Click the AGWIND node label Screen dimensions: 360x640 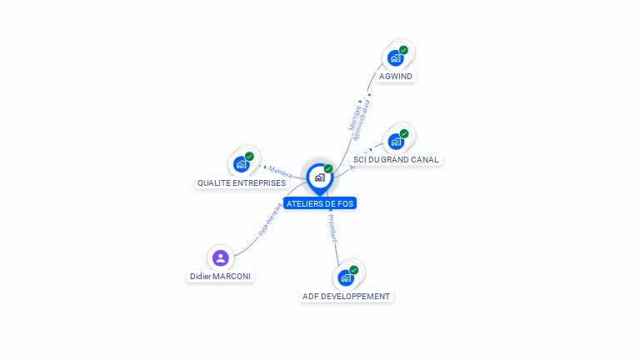pos(395,77)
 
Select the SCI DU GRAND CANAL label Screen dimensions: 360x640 pos(396,160)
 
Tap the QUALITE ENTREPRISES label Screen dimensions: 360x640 pos(242,183)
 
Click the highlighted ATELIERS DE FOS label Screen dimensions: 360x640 pos(320,203)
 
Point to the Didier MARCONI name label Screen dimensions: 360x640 pos(220,277)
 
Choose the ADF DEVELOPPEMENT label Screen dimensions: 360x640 pos(346,297)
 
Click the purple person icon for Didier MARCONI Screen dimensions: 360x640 pos(220,257)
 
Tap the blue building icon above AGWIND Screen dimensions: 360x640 pos(396,58)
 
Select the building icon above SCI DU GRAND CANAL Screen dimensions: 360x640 pos(396,142)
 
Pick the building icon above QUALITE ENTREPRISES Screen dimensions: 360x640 pos(242,164)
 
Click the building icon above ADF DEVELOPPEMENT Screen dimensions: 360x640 pos(346,277)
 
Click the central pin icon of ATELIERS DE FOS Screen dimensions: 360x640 pos(319,177)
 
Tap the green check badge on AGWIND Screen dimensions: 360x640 pos(403,51)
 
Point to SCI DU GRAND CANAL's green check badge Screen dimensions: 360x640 pos(404,134)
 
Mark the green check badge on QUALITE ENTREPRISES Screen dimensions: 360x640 pos(249,157)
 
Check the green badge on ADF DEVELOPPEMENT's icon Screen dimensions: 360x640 pos(353,270)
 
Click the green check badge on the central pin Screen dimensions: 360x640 pos(328,169)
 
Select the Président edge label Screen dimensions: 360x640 pos(332,228)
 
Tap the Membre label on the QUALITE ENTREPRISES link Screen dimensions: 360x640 pos(280,172)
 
